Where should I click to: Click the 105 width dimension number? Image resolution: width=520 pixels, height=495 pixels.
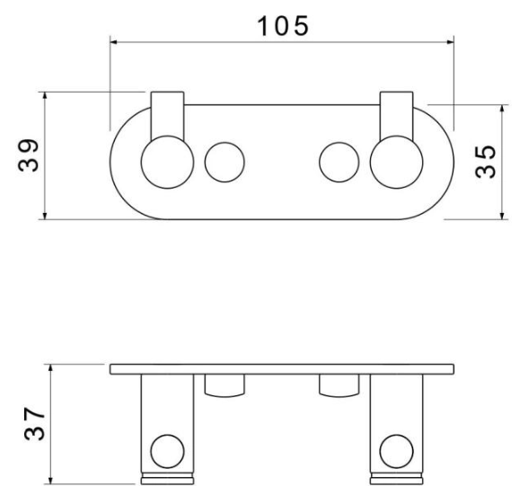click(x=283, y=26)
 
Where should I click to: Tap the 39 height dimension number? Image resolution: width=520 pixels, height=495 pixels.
click(x=28, y=155)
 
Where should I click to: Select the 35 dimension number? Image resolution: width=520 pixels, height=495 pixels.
click(x=485, y=162)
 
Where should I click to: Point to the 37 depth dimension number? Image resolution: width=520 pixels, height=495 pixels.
click(x=34, y=424)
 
